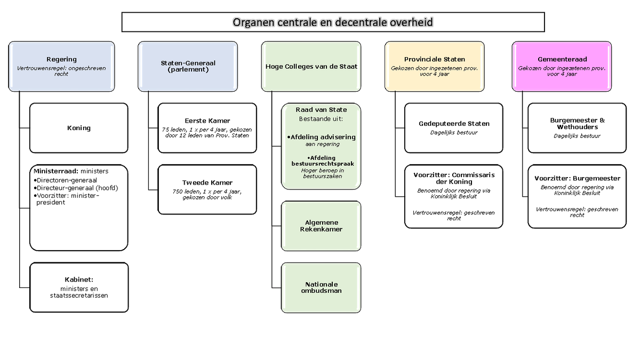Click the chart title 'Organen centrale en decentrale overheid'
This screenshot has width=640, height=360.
click(333, 22)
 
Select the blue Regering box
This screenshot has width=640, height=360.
click(61, 66)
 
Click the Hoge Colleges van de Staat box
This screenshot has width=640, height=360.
click(311, 66)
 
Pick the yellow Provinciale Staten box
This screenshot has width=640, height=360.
click(435, 66)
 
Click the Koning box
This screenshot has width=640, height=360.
click(78, 128)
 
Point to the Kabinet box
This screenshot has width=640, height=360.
click(78, 287)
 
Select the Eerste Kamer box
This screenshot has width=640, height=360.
click(207, 128)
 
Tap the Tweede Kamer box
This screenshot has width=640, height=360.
click(207, 189)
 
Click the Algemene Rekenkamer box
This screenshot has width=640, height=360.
click(321, 226)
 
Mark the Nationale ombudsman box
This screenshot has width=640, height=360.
click(321, 287)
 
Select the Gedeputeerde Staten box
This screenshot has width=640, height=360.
click(453, 128)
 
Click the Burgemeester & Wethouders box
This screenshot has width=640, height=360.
click(577, 128)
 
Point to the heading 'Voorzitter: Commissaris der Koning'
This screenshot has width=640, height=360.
click(454, 178)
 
